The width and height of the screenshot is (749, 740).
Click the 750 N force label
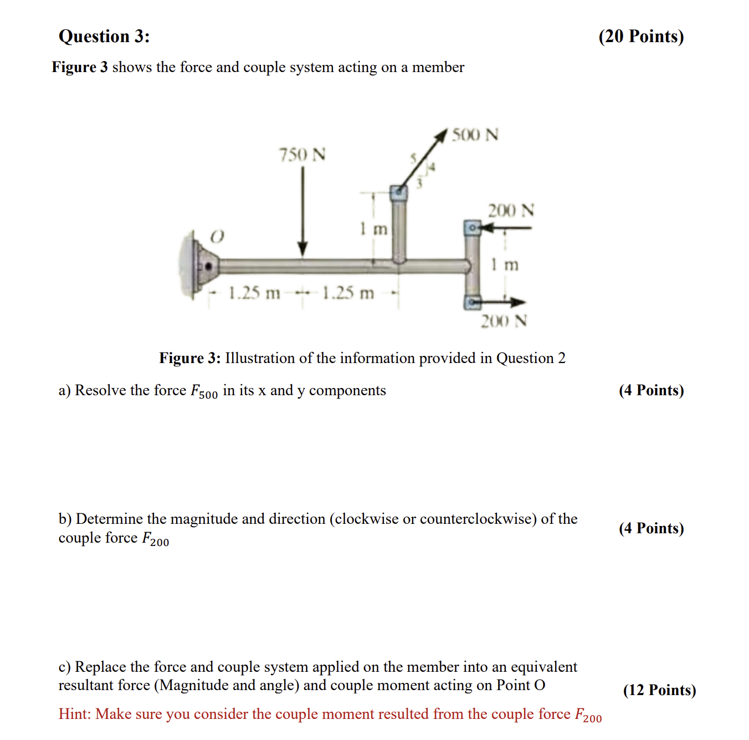coord(302,155)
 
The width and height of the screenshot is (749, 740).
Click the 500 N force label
coord(475,135)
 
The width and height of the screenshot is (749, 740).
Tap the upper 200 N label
coord(510,211)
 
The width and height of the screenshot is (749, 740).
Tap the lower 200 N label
coord(504,321)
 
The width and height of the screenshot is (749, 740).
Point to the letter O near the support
coord(217,237)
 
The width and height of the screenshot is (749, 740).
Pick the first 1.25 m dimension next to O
coord(254,293)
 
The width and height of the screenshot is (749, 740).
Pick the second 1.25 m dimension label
coord(348,293)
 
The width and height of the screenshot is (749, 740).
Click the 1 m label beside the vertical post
coord(373,228)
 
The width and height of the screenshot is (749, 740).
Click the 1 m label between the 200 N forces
coord(505,264)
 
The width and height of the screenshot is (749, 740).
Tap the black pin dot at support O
coord(208,267)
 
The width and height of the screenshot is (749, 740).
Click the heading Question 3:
coord(104,37)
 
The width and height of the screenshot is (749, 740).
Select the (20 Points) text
coord(641,37)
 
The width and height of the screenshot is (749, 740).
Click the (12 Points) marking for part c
coord(659,690)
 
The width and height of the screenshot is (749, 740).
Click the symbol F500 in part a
coord(204,391)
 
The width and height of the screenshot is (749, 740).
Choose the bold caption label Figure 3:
coord(190,358)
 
